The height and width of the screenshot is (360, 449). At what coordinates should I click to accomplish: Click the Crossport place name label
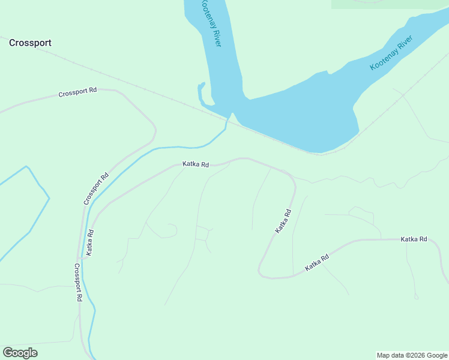tap(30, 43)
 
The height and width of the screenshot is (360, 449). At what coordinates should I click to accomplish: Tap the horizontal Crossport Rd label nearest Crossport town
tap(77, 94)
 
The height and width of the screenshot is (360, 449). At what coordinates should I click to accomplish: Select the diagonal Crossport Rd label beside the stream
tap(96, 189)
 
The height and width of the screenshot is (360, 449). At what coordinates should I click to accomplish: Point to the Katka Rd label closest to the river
tap(196, 164)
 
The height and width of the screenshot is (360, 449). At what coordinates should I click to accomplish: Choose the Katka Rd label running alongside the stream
tap(89, 242)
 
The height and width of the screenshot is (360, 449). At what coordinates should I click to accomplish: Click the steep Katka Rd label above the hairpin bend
tap(283, 221)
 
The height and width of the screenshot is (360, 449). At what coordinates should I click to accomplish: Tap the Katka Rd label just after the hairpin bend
tap(317, 263)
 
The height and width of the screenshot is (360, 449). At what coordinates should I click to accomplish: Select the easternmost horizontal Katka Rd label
tap(414, 239)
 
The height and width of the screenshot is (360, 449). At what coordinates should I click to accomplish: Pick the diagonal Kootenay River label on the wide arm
tap(391, 53)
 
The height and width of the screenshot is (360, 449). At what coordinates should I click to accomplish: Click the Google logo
tap(20, 353)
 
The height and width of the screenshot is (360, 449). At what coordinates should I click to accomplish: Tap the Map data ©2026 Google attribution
tap(412, 355)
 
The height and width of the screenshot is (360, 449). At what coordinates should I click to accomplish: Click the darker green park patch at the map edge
tap(390, 4)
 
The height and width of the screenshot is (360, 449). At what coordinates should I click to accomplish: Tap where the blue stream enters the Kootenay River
tap(230, 115)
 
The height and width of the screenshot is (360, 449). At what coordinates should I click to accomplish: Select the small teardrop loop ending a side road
tap(417, 296)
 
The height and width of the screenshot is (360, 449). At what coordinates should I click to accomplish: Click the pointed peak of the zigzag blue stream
tap(26, 166)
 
